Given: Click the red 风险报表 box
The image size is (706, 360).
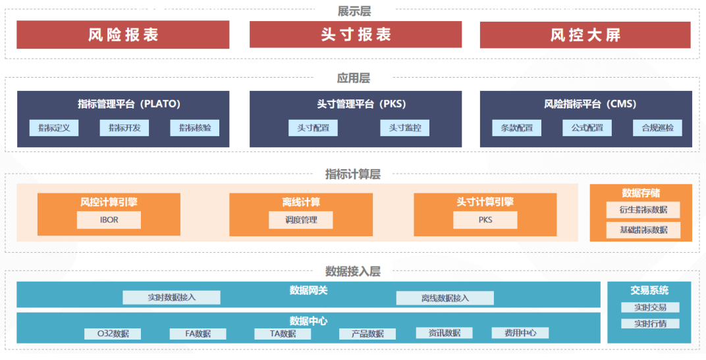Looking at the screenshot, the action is [123, 35].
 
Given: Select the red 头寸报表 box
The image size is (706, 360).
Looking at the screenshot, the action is [356, 34].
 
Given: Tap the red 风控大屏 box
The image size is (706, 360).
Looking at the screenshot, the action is [585, 35].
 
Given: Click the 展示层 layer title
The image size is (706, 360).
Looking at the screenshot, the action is [354, 11].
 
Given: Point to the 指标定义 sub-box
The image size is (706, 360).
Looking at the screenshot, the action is [54, 128].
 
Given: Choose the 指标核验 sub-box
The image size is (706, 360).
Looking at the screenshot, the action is [194, 128].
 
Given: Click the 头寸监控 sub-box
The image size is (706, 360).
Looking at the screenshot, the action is [405, 128].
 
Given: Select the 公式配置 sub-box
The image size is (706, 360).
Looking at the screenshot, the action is [587, 128].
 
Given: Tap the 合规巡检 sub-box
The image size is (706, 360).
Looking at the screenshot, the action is [657, 128].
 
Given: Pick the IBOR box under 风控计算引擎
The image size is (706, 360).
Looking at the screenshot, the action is [109, 220].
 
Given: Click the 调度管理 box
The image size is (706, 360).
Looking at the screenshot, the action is [301, 220].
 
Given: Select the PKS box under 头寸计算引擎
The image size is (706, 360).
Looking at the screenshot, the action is [485, 220].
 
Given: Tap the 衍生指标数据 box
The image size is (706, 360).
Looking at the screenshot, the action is [643, 210].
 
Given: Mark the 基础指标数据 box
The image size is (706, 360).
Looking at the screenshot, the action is [643, 230].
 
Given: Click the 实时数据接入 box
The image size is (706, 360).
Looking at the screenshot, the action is [171, 297].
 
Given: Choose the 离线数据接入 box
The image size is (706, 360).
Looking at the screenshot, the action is [445, 298].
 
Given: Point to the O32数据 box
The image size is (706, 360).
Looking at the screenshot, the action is [113, 334].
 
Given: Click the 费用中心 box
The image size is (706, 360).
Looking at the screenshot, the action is [520, 333].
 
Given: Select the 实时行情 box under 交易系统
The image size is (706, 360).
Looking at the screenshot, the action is [650, 324].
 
